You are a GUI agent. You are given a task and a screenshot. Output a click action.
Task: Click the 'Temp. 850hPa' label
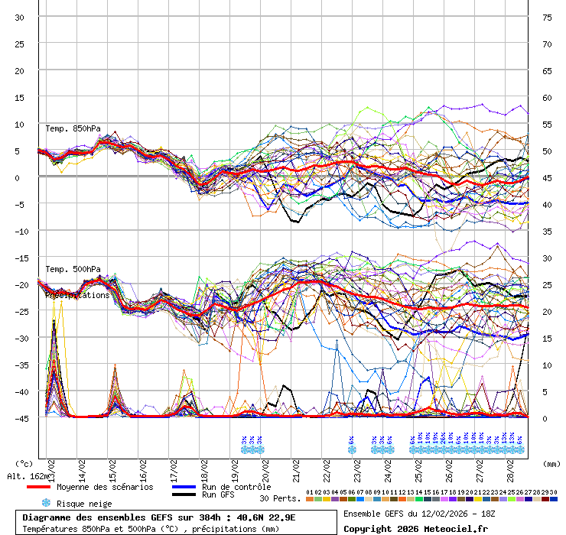tap(73, 128)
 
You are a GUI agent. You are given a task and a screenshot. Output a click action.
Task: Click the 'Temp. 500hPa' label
tap(73, 269)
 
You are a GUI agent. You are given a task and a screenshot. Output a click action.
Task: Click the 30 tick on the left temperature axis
tap(20, 17)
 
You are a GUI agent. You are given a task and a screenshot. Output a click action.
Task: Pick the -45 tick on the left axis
tap(20, 418)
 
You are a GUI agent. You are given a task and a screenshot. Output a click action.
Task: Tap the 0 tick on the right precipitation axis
tap(545, 418)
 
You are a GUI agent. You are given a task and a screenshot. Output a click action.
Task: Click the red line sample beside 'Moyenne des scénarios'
tap(38, 487)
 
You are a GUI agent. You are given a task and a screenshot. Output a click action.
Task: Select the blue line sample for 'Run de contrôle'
tap(184, 487)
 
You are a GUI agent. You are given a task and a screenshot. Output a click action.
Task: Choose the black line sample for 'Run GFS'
tap(184, 495)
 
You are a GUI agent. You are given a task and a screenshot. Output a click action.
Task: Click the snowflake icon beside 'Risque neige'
tap(45, 503)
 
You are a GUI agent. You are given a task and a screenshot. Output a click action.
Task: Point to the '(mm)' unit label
tap(551, 463)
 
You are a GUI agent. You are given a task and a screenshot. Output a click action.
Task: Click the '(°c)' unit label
tap(24, 463)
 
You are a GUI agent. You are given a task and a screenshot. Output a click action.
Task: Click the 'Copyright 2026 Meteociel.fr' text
tap(415, 528)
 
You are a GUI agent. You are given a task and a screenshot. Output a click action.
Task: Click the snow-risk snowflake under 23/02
tap(352, 449)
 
